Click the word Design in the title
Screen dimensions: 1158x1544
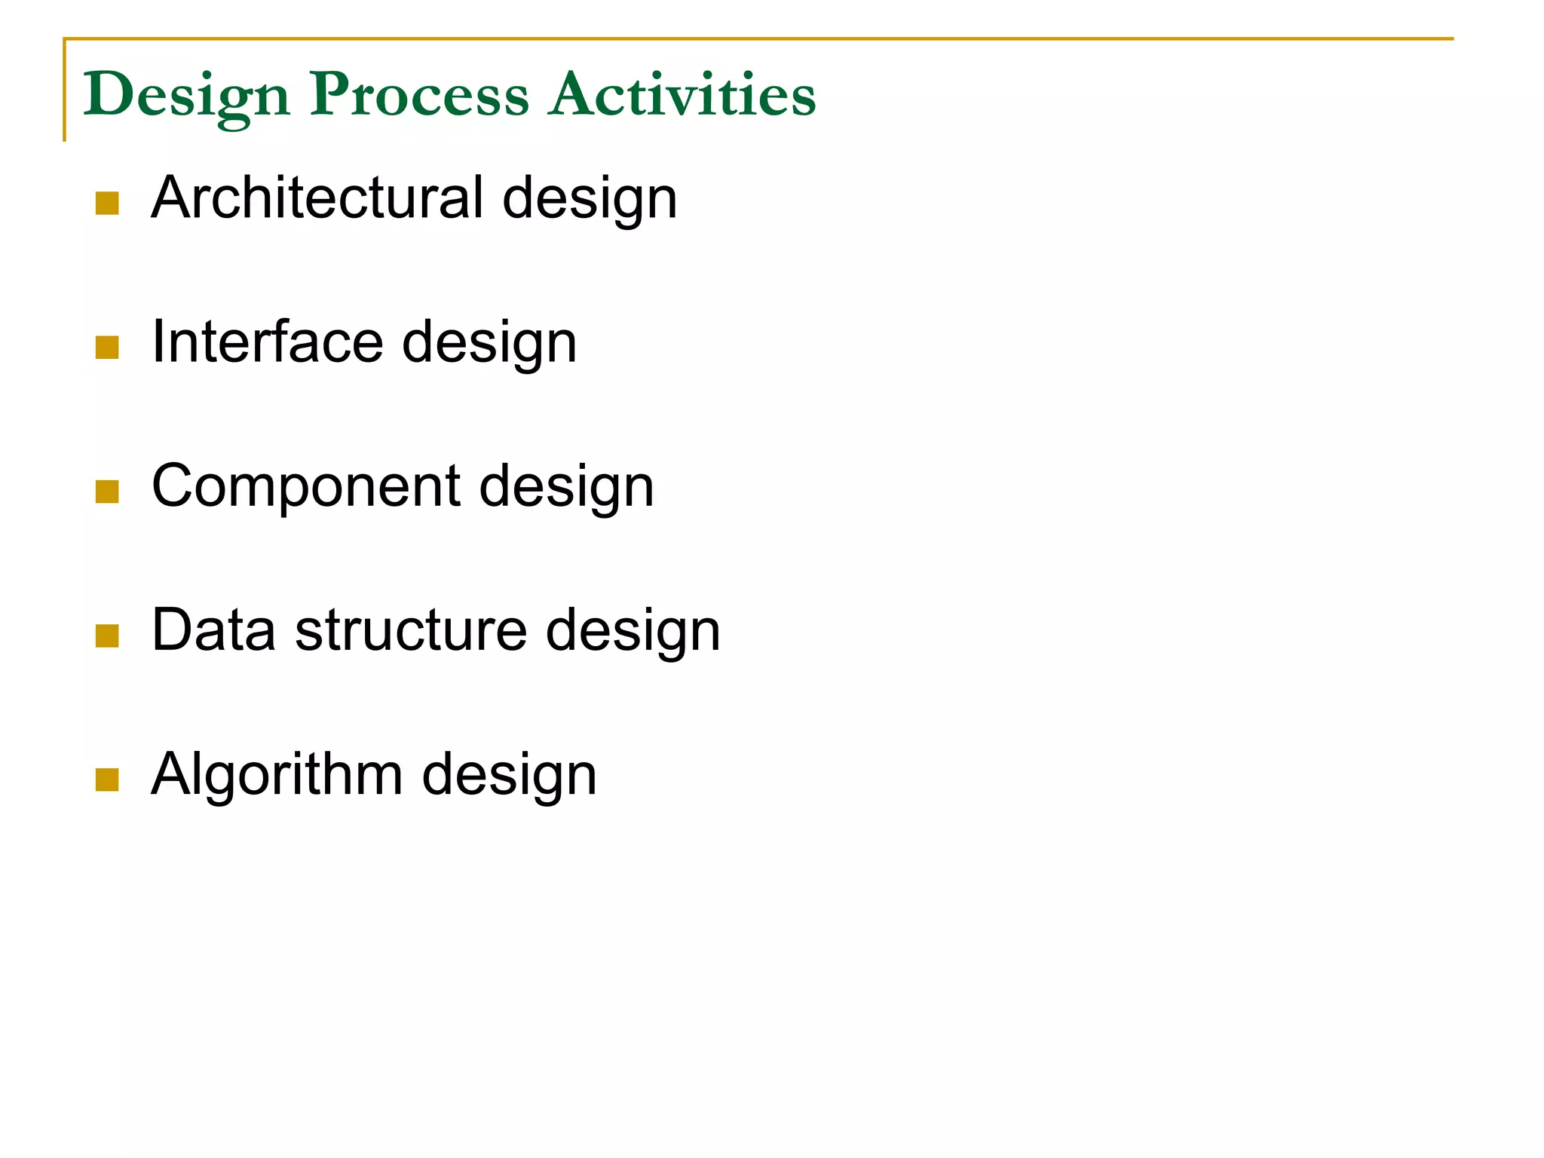pyautogui.click(x=186, y=96)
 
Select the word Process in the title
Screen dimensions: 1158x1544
pyautogui.click(x=419, y=96)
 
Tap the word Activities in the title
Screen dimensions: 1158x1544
pyautogui.click(x=682, y=96)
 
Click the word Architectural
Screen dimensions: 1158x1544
pyautogui.click(x=317, y=198)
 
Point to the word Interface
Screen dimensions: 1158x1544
pyautogui.click(x=267, y=342)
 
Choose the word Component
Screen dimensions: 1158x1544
pyautogui.click(x=306, y=486)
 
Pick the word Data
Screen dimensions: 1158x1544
pyautogui.click(x=213, y=630)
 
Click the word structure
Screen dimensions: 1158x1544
pyautogui.click(x=411, y=630)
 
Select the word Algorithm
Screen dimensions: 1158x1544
pyautogui.click(x=277, y=774)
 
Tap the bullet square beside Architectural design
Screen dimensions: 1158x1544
pyautogui.click(x=108, y=204)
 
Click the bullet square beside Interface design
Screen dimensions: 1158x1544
pyautogui.click(x=108, y=348)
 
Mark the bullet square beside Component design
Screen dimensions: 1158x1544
pyautogui.click(x=108, y=492)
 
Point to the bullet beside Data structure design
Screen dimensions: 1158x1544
pyautogui.click(x=108, y=636)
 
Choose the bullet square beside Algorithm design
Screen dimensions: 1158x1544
pyautogui.click(x=108, y=780)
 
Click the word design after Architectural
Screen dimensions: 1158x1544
pyautogui.click(x=590, y=200)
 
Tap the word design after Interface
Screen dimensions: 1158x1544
pyautogui.click(x=489, y=344)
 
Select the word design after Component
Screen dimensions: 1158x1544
pyautogui.click(x=566, y=489)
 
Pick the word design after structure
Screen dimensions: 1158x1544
pyautogui.click(x=633, y=632)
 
